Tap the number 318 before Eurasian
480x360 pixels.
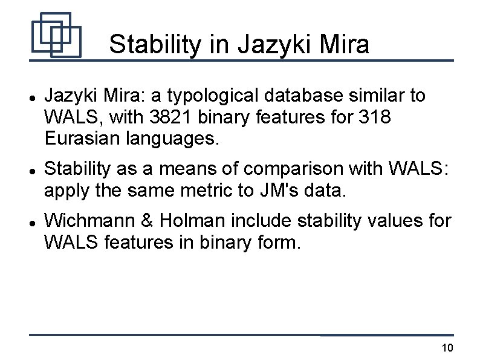point(377,117)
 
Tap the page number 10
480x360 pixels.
point(447,348)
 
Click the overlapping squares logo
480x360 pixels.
point(56,35)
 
